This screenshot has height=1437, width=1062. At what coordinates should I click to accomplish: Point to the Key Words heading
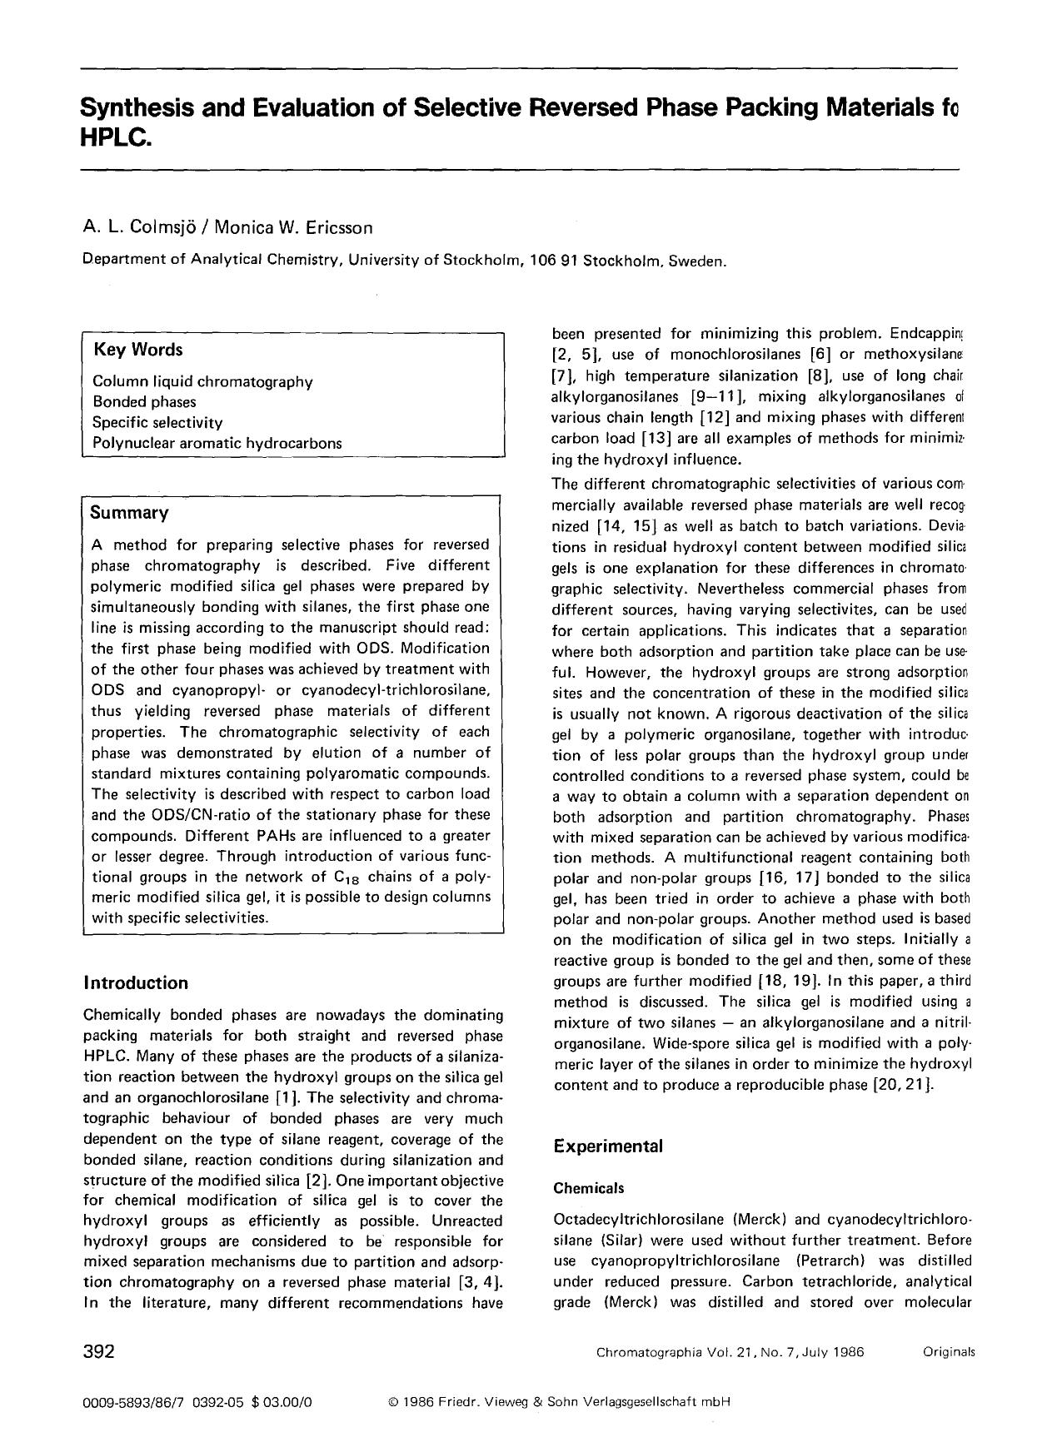pos(137,350)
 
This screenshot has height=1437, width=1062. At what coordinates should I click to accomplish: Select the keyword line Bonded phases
pos(144,402)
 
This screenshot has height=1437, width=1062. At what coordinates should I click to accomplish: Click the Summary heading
pos(129,512)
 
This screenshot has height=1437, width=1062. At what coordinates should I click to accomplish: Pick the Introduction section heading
pos(136,983)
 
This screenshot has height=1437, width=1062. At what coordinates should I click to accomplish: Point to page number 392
pos(99,1351)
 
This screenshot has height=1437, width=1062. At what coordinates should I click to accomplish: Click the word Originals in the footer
pos(948,1352)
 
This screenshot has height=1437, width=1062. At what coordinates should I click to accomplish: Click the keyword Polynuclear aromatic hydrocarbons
pos(217,443)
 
